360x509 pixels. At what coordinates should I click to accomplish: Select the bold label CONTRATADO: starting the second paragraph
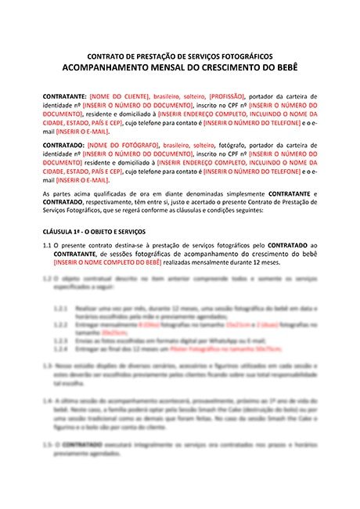pyautogui.click(x=63, y=146)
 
